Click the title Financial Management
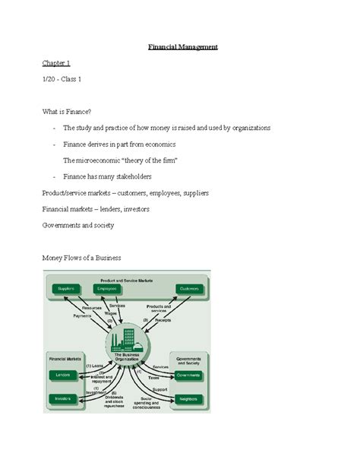(182, 47)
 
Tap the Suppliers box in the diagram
(65, 289)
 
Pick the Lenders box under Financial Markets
(62, 375)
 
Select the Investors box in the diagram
(62, 398)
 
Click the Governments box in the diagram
(191, 375)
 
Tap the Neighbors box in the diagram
(191, 398)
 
